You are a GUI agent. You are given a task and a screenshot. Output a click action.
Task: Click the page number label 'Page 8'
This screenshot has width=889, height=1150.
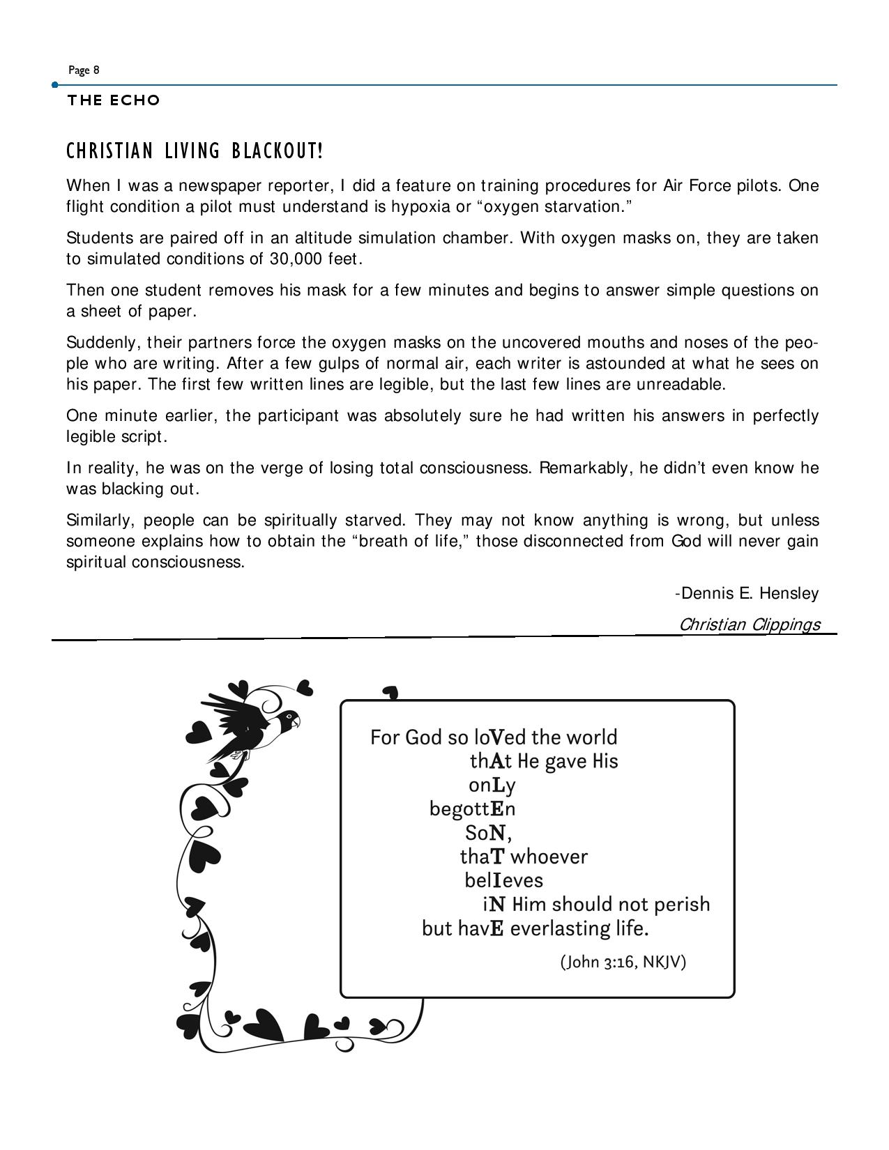pos(84,70)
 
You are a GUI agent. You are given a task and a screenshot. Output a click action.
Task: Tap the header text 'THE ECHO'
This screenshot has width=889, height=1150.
pos(114,100)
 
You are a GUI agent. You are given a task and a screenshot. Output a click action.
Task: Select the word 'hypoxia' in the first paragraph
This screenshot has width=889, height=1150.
pos(420,207)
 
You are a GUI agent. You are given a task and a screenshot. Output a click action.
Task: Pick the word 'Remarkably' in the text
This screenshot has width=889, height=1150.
pos(586,468)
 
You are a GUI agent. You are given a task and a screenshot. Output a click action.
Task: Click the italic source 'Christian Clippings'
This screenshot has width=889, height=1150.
pos(750,624)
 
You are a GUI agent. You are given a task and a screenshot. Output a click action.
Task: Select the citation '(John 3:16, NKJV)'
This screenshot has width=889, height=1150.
pos(623,962)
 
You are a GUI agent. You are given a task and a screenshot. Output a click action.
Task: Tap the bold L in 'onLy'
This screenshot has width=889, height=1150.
pos(498,785)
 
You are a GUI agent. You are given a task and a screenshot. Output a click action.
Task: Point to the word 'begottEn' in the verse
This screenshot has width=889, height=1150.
pos(472,809)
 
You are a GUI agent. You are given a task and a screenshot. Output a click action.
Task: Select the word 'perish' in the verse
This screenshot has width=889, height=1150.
pos(682,905)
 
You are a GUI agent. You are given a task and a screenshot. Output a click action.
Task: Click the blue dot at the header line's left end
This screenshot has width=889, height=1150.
pos(55,85)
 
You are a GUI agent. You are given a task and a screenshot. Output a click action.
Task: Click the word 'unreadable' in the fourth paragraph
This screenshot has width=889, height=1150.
pos(685,385)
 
